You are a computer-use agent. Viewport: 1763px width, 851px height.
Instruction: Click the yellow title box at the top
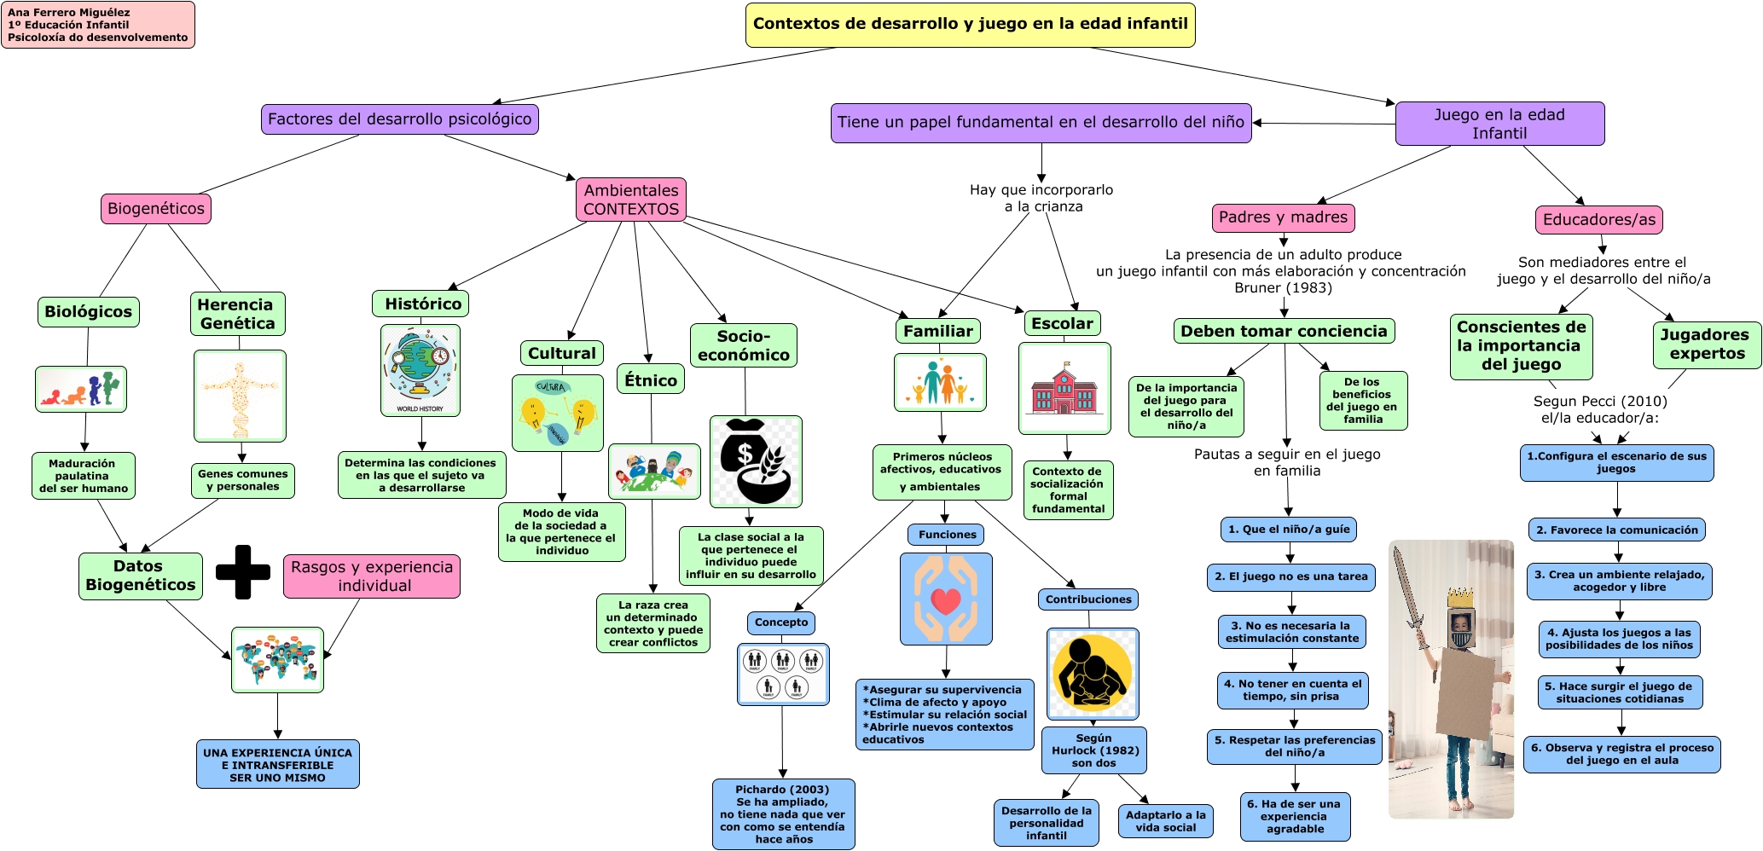click(x=970, y=25)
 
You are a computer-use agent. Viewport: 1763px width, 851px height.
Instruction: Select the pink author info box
click(x=98, y=25)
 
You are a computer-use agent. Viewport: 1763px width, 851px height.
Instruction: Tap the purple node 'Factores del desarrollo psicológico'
click(x=399, y=119)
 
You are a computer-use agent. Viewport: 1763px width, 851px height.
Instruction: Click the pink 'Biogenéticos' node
click(x=156, y=209)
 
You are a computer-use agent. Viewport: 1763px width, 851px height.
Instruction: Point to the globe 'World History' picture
click(x=420, y=370)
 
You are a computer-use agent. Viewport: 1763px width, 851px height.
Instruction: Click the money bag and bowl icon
click(x=756, y=461)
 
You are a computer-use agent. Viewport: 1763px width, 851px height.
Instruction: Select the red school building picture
click(x=1064, y=389)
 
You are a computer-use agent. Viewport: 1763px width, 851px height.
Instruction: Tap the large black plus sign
click(x=243, y=572)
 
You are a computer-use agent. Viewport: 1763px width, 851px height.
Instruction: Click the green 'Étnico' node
click(x=651, y=380)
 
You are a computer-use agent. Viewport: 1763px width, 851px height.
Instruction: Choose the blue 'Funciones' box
click(x=947, y=535)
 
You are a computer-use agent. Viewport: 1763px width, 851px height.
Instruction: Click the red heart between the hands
click(x=946, y=601)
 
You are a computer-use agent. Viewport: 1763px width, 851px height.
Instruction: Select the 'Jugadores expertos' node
click(x=1707, y=344)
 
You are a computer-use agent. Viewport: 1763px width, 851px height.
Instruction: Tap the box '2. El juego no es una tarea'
click(x=1290, y=577)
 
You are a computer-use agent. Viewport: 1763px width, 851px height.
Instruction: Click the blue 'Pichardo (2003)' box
click(x=783, y=814)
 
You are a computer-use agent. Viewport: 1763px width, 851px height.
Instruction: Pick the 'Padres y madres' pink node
click(x=1283, y=218)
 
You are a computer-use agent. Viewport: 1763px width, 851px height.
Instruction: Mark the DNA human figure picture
click(x=240, y=396)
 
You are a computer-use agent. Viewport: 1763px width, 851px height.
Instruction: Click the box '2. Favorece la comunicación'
click(x=1616, y=530)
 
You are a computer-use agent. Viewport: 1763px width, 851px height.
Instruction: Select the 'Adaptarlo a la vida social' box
click(x=1165, y=821)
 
